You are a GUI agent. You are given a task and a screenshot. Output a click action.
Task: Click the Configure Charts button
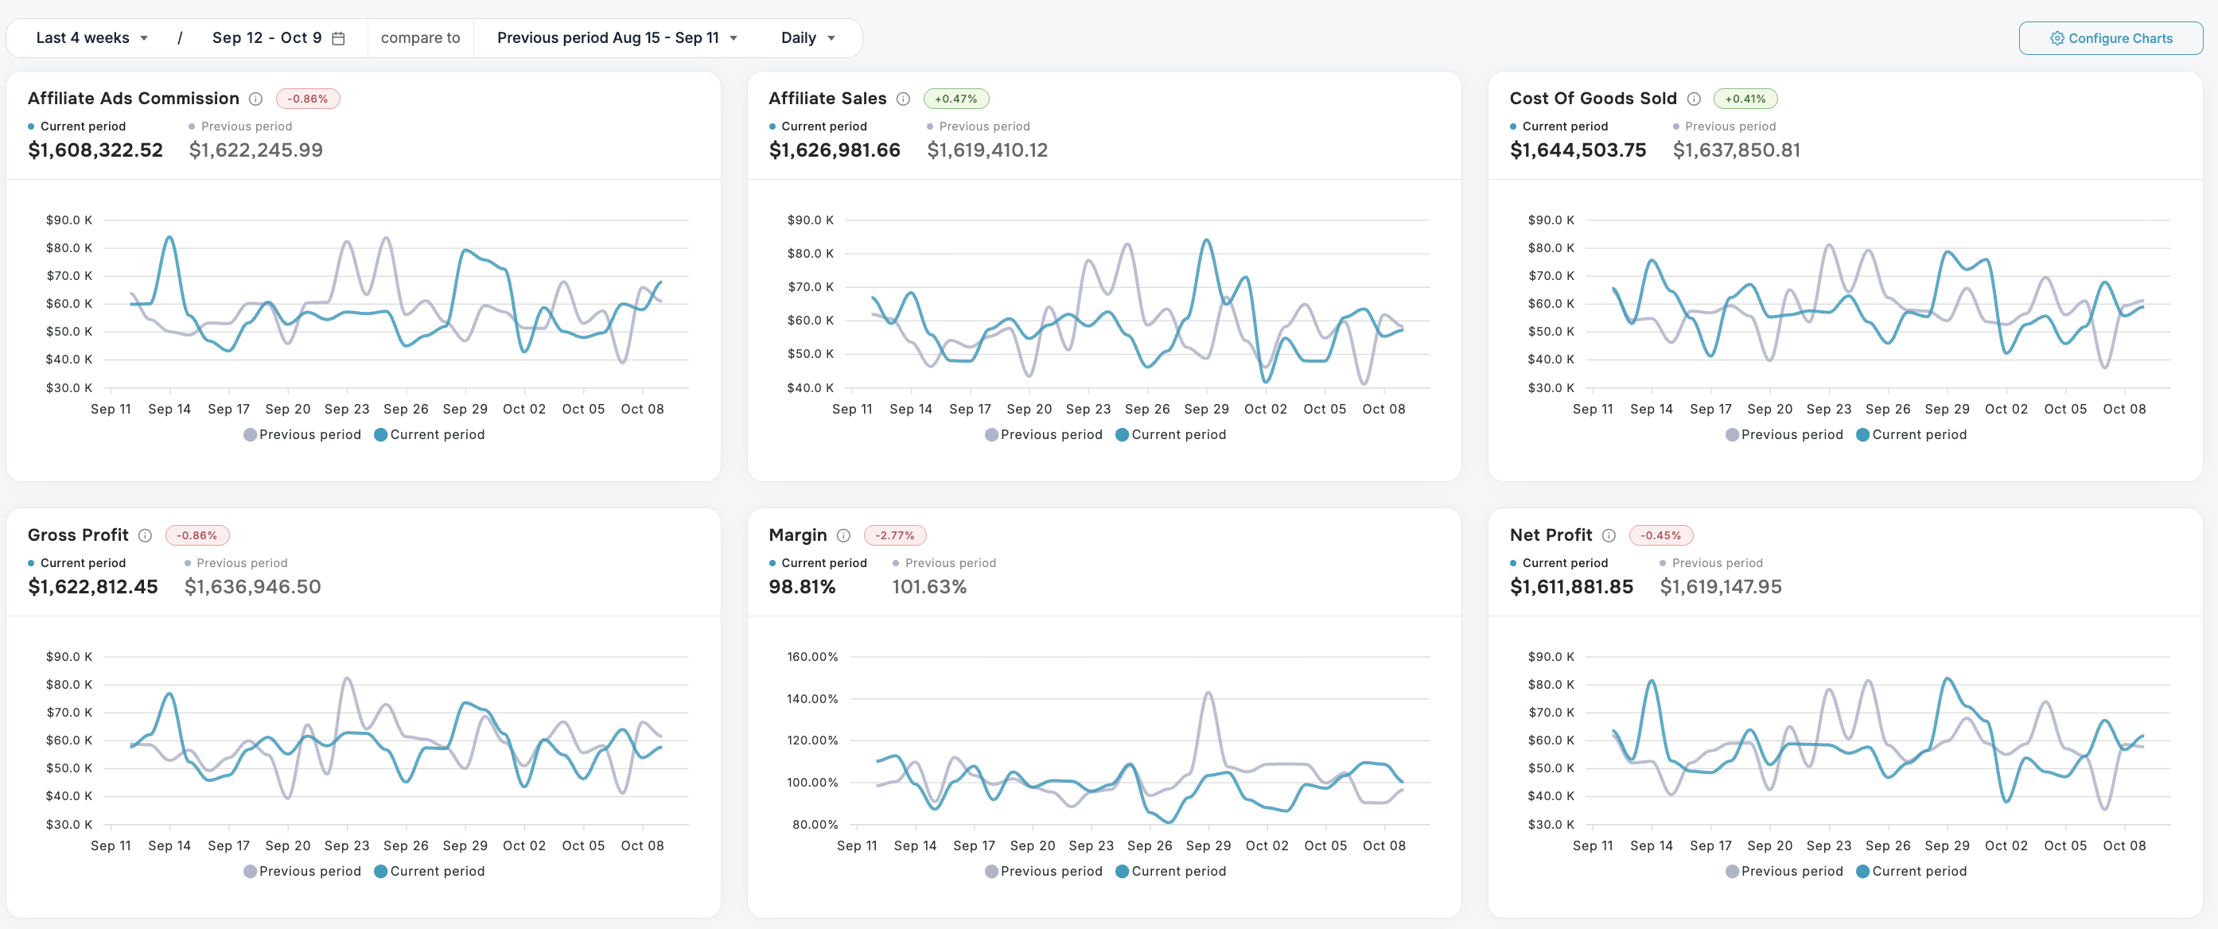[x=2111, y=38]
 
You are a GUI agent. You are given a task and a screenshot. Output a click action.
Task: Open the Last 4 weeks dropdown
[x=91, y=38]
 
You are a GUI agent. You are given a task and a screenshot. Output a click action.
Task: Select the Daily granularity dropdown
[x=807, y=38]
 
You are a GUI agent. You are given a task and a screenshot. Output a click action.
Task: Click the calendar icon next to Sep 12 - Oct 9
[x=338, y=38]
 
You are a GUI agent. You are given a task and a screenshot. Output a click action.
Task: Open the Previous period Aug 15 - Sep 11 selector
[x=617, y=38]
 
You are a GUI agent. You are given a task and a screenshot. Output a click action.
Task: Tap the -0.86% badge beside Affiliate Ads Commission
[x=307, y=99]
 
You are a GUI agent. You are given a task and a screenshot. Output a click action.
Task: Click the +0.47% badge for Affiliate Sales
[x=955, y=99]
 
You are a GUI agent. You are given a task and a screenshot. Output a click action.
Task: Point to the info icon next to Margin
[x=843, y=535]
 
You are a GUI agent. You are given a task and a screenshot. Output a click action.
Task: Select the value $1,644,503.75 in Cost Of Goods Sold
[x=1578, y=150]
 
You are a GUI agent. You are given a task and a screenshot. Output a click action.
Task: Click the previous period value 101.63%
[x=928, y=587]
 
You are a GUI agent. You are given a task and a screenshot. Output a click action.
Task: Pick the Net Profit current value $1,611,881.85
[x=1570, y=587]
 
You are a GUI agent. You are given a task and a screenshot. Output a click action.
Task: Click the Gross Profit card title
[x=77, y=535]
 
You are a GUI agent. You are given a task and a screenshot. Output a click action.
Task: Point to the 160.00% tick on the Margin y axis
[x=811, y=657]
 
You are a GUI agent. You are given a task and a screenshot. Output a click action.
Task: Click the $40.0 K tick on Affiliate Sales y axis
[x=809, y=387]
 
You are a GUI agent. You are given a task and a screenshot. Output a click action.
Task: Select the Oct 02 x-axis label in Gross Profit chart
[x=523, y=845]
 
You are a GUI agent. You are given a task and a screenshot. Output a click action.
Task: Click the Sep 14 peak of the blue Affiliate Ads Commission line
[x=169, y=237]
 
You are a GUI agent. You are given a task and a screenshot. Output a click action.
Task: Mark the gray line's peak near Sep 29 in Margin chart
[x=1209, y=692]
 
